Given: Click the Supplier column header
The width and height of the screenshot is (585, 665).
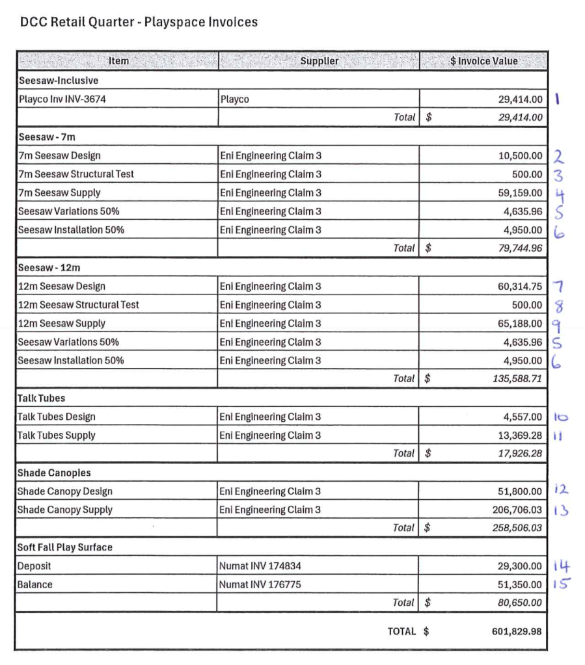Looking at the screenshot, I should click(x=319, y=61).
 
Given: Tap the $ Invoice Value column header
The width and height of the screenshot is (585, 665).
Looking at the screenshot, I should click(x=483, y=61).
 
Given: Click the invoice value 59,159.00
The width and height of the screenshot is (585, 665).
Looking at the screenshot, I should click(x=520, y=193).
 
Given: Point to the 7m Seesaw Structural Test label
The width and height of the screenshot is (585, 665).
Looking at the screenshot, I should click(x=76, y=174).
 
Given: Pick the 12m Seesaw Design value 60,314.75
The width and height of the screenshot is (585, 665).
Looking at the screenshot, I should click(x=519, y=287).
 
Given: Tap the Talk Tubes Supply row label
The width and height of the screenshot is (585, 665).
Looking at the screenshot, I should click(x=57, y=436).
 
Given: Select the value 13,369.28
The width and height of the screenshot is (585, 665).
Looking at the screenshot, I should click(x=518, y=436).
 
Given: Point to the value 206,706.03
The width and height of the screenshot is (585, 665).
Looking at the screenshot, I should click(x=517, y=510).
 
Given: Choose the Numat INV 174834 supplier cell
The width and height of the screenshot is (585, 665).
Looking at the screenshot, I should click(x=260, y=566).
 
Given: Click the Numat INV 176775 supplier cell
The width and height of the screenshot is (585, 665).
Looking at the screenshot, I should click(x=260, y=585).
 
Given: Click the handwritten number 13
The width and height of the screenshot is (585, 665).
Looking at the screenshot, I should click(x=560, y=510).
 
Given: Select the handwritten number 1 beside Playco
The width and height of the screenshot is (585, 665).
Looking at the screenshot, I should click(x=559, y=99).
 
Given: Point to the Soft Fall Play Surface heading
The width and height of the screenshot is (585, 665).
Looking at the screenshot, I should click(x=65, y=547).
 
